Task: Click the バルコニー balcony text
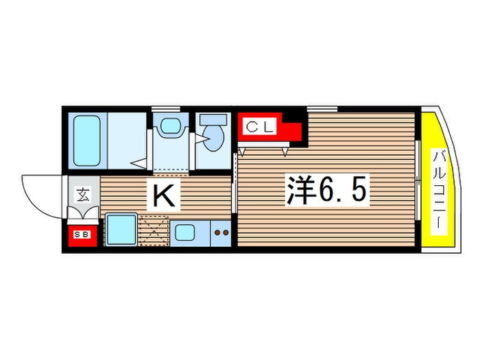click(436, 190)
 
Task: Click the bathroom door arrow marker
click(140, 163)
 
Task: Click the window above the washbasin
click(166, 108)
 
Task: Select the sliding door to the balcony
click(418, 180)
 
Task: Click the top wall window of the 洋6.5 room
click(322, 108)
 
